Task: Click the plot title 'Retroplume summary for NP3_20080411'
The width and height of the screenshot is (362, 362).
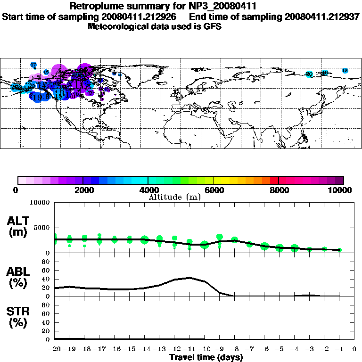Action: tap(163, 6)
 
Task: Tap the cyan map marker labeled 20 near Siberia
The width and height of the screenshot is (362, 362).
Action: tap(309, 74)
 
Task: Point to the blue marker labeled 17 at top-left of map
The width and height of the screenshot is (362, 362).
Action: tap(33, 65)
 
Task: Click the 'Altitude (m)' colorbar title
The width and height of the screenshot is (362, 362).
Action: tap(175, 197)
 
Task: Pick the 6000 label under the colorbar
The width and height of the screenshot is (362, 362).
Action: tap(214, 190)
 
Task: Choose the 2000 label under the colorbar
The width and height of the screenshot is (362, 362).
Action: tap(83, 190)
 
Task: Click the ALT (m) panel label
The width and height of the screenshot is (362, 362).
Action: tap(18, 226)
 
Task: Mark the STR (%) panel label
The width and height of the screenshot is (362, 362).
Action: tap(18, 316)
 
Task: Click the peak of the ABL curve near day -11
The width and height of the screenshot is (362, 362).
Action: tap(189, 278)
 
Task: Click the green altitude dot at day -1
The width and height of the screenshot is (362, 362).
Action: tap(339, 250)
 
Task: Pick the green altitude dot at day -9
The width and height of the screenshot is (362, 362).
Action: tap(220, 238)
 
